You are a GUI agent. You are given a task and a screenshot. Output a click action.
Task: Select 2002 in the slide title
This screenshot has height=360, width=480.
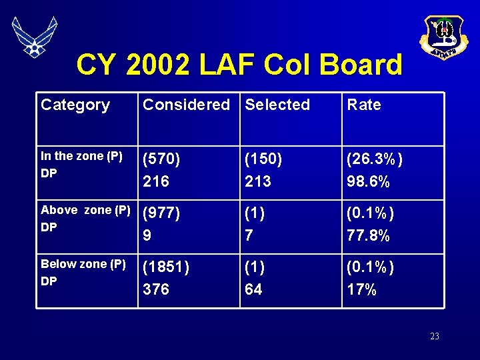pyautogui.click(x=158, y=65)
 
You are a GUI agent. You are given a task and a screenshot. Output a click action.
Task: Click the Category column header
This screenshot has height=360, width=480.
pyautogui.click(x=75, y=105)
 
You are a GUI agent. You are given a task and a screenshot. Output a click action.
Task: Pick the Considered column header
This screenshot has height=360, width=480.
pyautogui.click(x=186, y=105)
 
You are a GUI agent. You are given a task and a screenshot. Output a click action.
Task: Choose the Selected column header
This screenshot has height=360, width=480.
pyautogui.click(x=277, y=105)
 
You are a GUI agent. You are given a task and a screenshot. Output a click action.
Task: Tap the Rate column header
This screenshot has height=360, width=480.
pyautogui.click(x=364, y=105)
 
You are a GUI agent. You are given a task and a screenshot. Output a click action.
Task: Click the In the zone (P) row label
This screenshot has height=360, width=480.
pyautogui.click(x=81, y=156)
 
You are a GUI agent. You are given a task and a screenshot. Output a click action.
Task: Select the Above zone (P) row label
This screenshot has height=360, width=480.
pyautogui.click(x=85, y=210)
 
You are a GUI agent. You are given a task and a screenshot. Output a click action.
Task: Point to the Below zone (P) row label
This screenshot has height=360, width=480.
pyautogui.click(x=83, y=264)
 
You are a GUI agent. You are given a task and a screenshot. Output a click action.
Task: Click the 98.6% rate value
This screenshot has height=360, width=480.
pyautogui.click(x=369, y=181)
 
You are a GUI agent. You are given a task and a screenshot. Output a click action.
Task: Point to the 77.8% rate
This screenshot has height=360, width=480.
pyautogui.click(x=369, y=235)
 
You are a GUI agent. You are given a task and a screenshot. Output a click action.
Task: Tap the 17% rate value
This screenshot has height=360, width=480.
pyautogui.click(x=362, y=289)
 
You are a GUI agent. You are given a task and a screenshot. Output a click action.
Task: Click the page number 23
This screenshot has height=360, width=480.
pyautogui.click(x=435, y=337)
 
